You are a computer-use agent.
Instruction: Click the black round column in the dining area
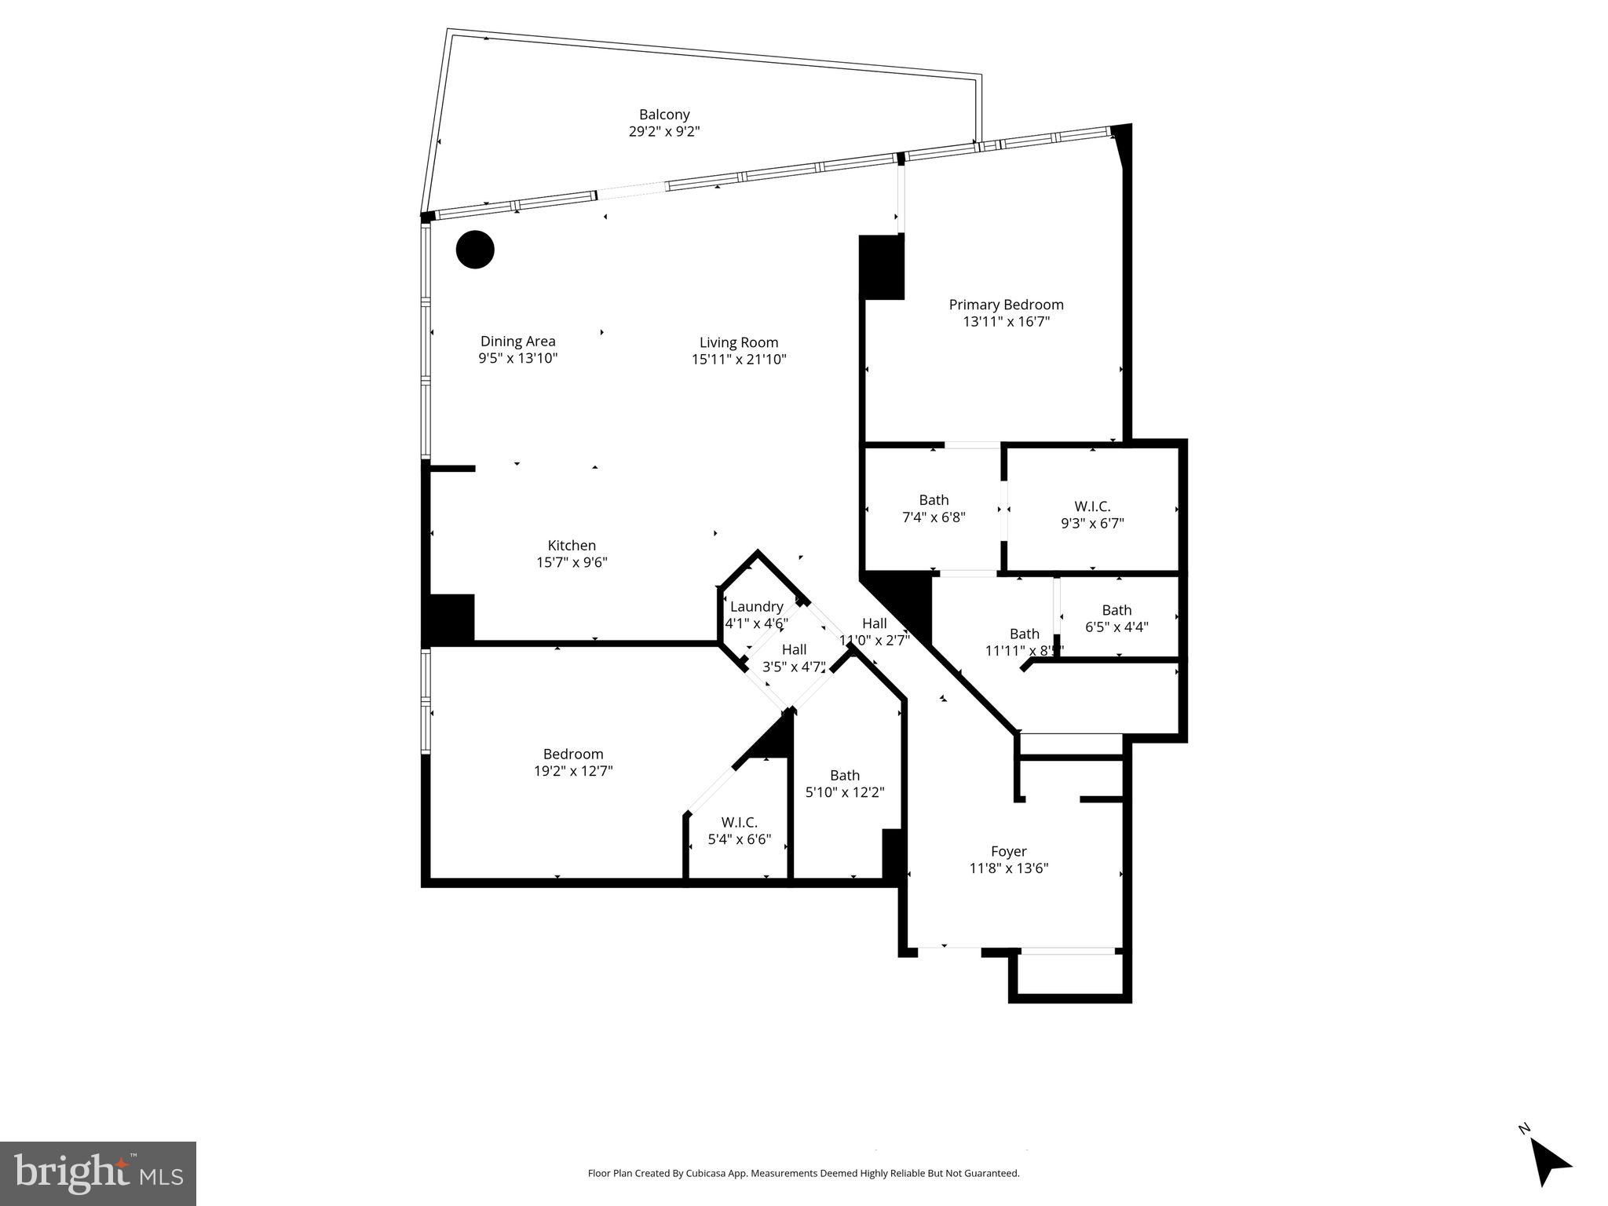tap(475, 250)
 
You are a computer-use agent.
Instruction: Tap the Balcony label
tap(664, 115)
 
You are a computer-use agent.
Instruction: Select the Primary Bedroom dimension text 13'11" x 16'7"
tap(1006, 322)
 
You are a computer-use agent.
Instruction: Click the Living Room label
tap(739, 342)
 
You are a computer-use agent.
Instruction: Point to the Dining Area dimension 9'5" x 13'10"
tap(518, 359)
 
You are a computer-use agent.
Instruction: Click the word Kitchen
tap(572, 546)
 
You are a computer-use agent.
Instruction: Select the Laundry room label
tap(756, 607)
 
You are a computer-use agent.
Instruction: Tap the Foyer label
tap(1008, 851)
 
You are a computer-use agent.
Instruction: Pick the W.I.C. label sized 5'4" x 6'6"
tap(739, 823)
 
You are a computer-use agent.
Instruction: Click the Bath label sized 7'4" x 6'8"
tap(934, 500)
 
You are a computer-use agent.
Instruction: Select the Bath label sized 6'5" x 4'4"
tap(1116, 610)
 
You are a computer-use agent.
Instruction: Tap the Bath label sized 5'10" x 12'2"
tap(845, 776)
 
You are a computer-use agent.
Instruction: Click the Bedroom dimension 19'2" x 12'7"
tap(573, 771)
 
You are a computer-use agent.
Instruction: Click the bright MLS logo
tap(97, 1173)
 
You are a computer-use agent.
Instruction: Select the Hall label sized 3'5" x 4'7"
tap(794, 650)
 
